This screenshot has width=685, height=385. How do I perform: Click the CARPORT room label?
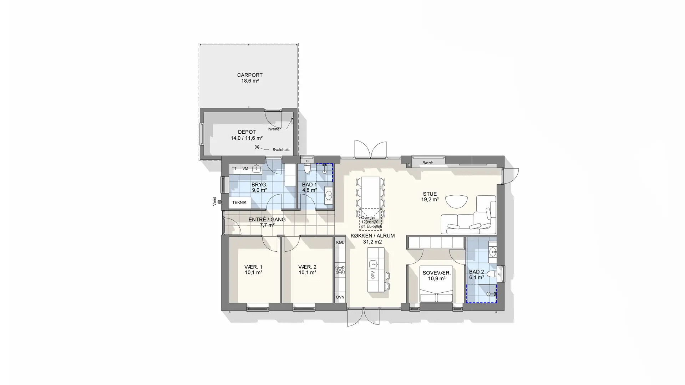pyautogui.click(x=250, y=75)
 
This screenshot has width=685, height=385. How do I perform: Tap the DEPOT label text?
pyautogui.click(x=247, y=132)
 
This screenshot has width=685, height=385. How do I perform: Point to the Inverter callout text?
pyautogui.click(x=274, y=129)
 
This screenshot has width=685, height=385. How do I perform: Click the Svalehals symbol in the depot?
pyautogui.click(x=257, y=147)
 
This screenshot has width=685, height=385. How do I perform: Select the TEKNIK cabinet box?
pyautogui.click(x=239, y=202)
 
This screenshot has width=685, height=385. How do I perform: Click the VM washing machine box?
pyautogui.click(x=245, y=169)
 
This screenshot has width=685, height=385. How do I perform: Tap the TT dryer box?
pyautogui.click(x=234, y=169)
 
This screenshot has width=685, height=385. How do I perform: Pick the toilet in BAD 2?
pyautogui.click(x=492, y=274)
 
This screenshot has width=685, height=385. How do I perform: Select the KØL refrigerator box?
pyautogui.click(x=340, y=242)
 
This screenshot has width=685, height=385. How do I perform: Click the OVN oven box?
pyautogui.click(x=340, y=297)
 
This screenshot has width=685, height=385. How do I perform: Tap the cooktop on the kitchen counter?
pyautogui.click(x=340, y=270)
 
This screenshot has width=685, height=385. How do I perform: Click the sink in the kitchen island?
pyautogui.click(x=373, y=264)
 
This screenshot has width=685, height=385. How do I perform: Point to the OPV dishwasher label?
pyautogui.click(x=373, y=275)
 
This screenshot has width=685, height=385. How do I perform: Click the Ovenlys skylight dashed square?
pyautogui.click(x=371, y=220)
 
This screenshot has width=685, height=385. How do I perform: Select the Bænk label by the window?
pyautogui.click(x=427, y=163)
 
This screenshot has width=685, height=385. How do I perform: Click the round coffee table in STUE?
pyautogui.click(x=456, y=201)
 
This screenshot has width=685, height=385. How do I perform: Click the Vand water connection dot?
pyautogui.click(x=219, y=202)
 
